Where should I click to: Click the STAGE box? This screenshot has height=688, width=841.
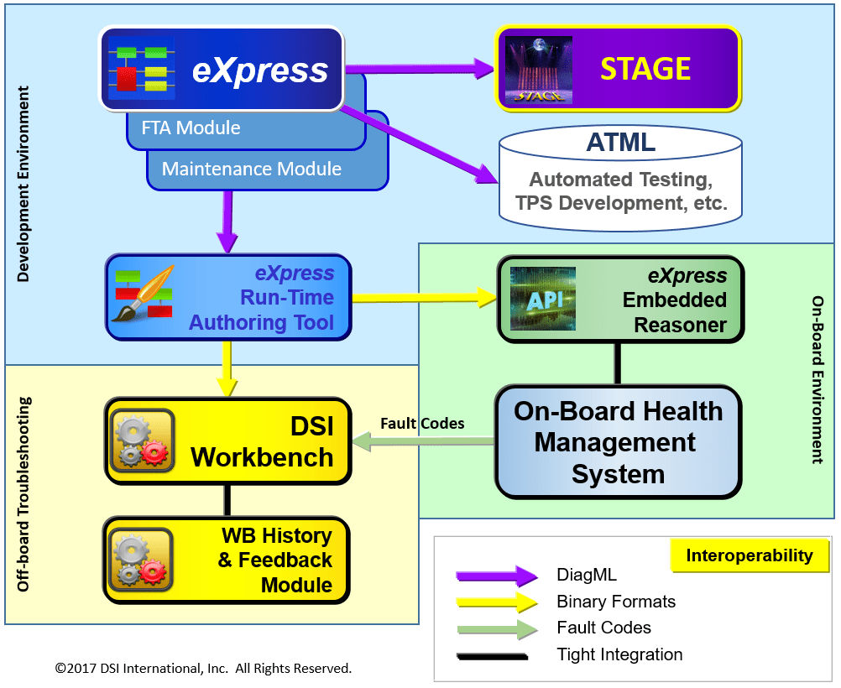tap(618, 69)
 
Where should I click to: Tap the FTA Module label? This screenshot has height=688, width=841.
tap(191, 128)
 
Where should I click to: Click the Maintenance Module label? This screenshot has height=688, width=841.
tap(251, 169)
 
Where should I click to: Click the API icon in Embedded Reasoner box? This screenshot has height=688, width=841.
tap(543, 299)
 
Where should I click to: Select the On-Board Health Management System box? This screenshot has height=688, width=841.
tap(618, 442)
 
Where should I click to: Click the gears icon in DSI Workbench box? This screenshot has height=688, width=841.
tap(142, 439)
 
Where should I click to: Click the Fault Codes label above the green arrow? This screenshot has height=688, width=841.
tap(422, 424)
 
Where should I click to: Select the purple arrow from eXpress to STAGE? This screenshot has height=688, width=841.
tap(419, 69)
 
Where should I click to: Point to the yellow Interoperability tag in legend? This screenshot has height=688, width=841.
tap(749, 555)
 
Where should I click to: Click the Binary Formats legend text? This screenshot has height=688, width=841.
tap(615, 602)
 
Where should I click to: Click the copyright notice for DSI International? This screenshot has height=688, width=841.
tap(203, 669)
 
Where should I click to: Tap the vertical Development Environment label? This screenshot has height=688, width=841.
tap(23, 183)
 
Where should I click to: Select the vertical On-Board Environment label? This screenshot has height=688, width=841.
tap(817, 378)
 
